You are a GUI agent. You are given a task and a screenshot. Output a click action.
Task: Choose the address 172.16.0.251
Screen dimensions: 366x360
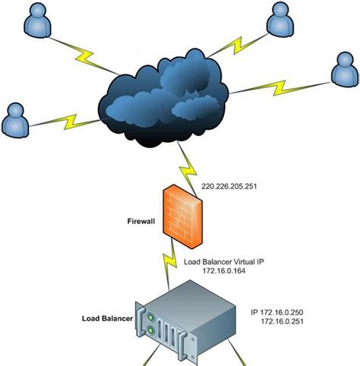(287, 323)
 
